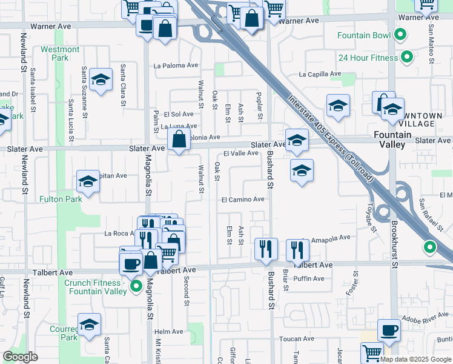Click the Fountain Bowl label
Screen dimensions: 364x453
pos(364,36)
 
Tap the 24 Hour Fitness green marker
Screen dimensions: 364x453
pos(408,58)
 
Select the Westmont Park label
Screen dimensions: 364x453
pos(60,53)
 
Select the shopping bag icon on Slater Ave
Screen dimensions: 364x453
pos(179,140)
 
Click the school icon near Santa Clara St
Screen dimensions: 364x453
pos(101,79)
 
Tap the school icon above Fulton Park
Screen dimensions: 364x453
pos(88,181)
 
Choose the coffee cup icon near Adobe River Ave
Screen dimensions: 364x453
pos(389,331)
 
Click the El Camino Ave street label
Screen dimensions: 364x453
pos(243,199)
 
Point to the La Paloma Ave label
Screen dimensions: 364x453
pos(176,66)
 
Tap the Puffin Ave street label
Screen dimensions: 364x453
pos(309,279)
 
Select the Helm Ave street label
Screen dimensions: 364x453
pos(169,332)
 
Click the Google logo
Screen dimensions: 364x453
pos(21,357)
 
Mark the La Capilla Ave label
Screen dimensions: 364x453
pos(320,75)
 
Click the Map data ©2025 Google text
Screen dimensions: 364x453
pos(416,359)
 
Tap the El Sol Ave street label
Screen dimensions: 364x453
pos(177,114)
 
